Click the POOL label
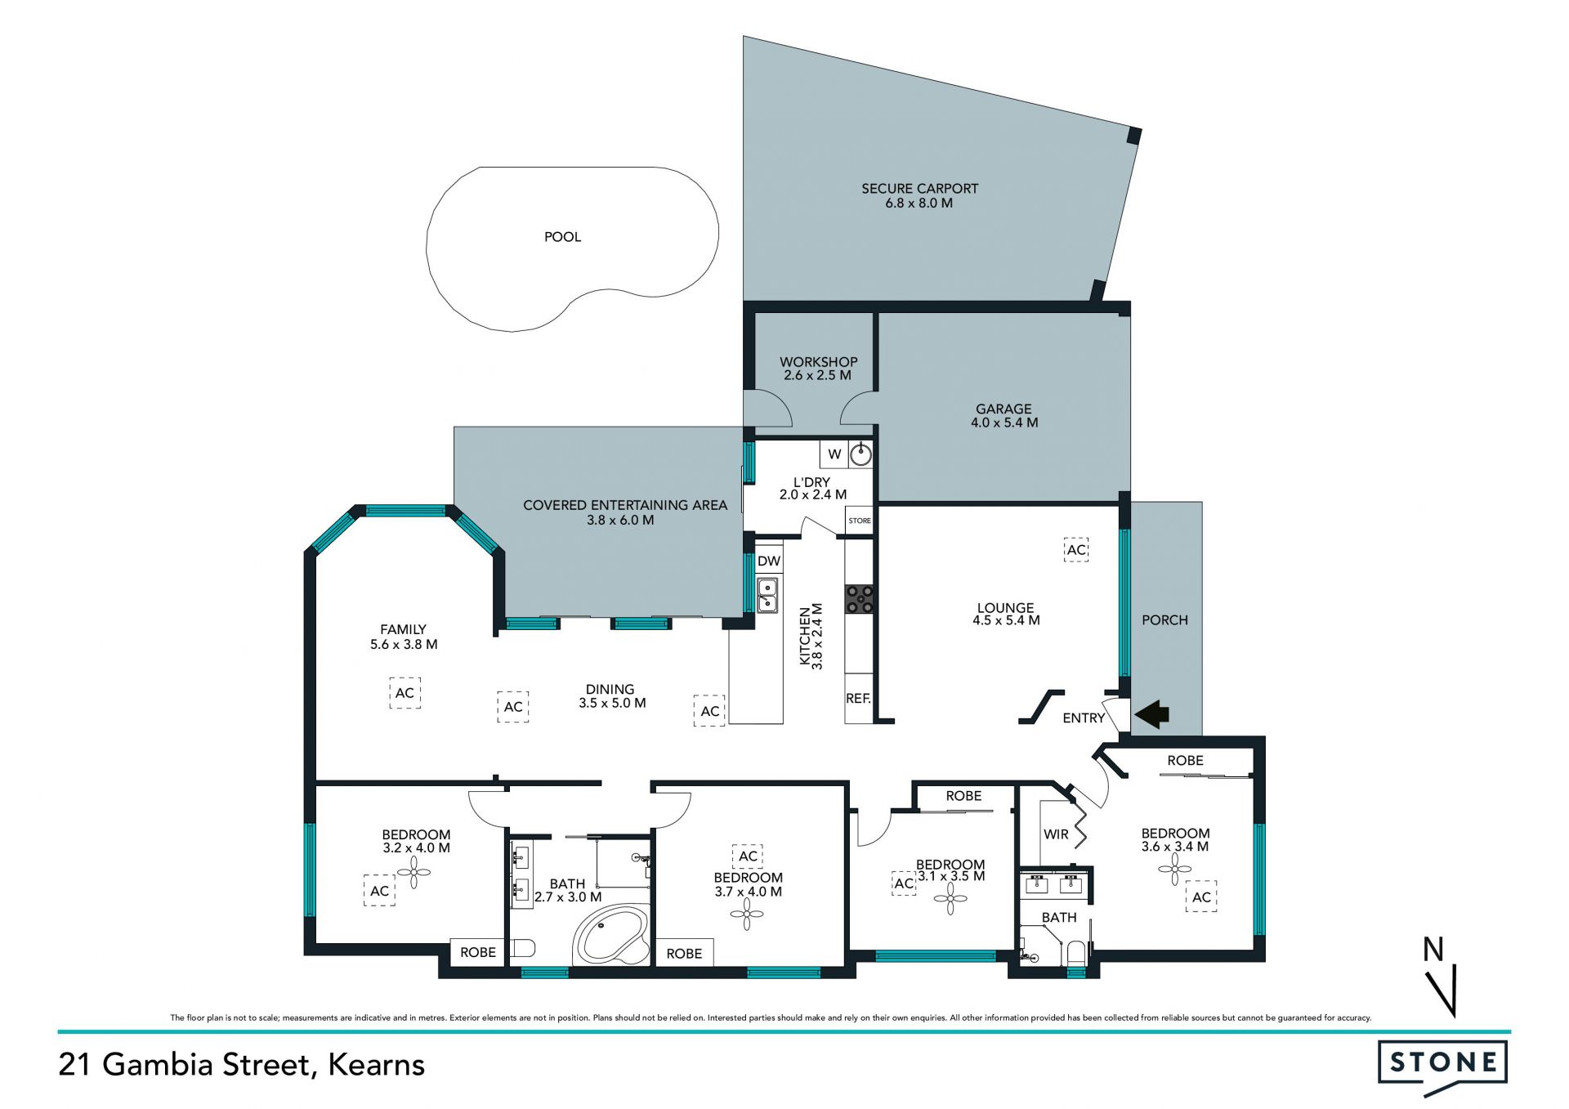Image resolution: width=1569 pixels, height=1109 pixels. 562,237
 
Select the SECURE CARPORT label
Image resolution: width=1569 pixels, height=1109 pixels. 919,189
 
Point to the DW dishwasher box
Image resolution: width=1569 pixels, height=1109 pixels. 769,561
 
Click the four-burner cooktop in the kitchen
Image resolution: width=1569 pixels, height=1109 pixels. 859,599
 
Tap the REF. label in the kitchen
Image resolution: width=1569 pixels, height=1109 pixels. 858,699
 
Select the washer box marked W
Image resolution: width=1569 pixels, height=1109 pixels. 834,454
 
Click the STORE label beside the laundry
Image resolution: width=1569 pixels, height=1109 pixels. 860,521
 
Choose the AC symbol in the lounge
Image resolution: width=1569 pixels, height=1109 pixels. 1077,550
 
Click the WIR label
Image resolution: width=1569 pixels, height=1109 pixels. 1056,834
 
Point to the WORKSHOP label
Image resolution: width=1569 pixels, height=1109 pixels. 818,362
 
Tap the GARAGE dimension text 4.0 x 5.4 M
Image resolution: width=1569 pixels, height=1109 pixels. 1004,423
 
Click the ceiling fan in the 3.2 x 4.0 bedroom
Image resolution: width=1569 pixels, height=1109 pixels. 414,874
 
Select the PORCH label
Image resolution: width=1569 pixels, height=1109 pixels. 1164,620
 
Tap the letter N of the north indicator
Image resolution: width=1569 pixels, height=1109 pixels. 1433,950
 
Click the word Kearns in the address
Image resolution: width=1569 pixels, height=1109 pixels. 377,1065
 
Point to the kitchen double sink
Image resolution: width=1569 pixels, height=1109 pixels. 767,596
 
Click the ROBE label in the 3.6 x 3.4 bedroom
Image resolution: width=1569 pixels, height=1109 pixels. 1185,761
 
